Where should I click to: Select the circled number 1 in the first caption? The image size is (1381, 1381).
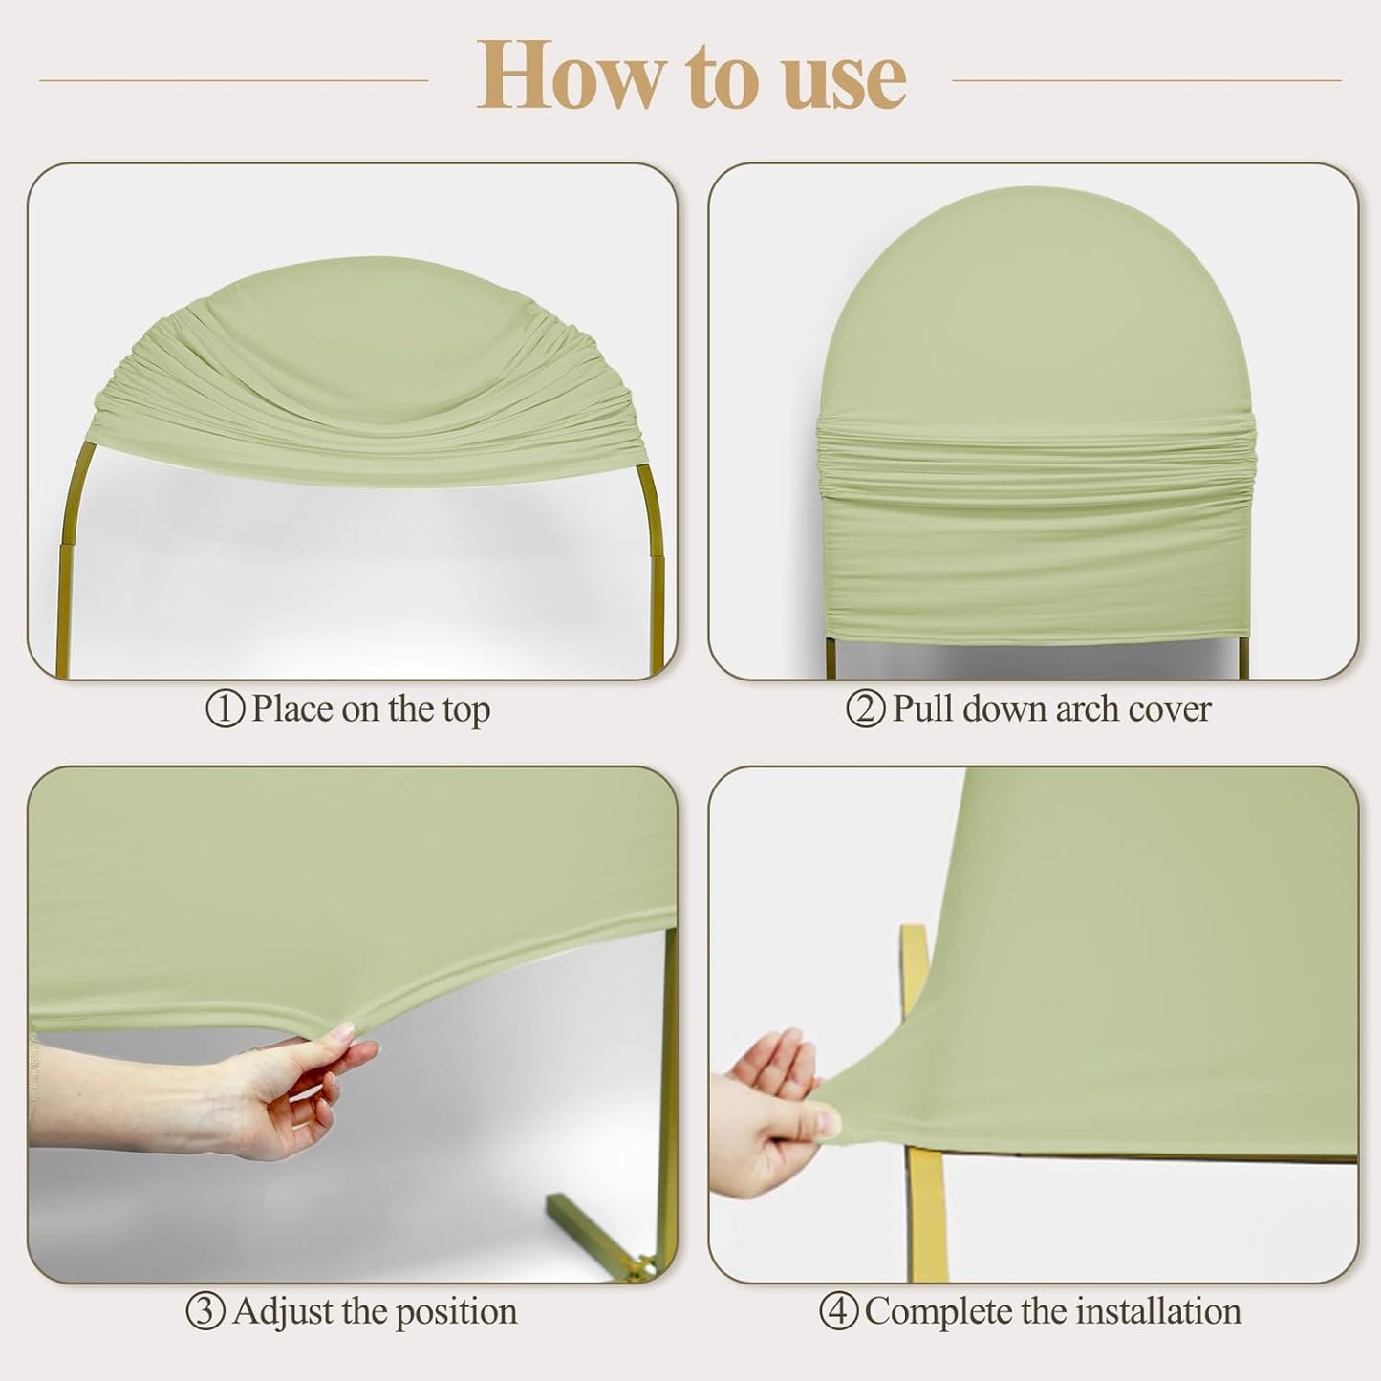click(x=226, y=709)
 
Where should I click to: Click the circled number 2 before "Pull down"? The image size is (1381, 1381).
click(x=866, y=709)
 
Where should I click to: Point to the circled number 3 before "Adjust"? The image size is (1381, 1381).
click(x=205, y=1311)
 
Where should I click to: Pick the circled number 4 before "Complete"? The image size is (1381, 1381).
click(x=838, y=1311)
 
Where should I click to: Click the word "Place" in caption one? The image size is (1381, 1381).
click(x=292, y=709)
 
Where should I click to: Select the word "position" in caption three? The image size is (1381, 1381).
click(x=458, y=1312)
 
